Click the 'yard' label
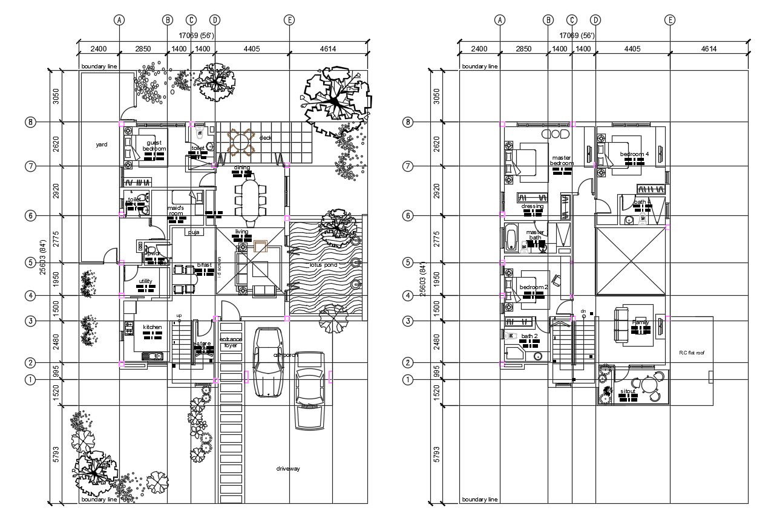tap(102, 145)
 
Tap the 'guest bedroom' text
tap(154, 146)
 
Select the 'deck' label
tap(265, 138)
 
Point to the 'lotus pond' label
tap(323, 265)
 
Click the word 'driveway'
tap(288, 469)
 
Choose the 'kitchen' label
tap(153, 327)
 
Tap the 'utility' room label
tap(145, 281)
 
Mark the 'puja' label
tap(194, 232)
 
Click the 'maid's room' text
tap(175, 210)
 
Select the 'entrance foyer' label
tap(231, 343)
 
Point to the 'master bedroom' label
tap(562, 161)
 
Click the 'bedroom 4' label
tap(634, 154)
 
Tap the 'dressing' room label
tap(532, 206)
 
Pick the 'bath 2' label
tap(529, 336)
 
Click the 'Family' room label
tap(640, 322)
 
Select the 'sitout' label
tap(628, 391)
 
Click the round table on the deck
tap(240, 143)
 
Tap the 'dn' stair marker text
tap(583, 311)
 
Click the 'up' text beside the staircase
tap(179, 316)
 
